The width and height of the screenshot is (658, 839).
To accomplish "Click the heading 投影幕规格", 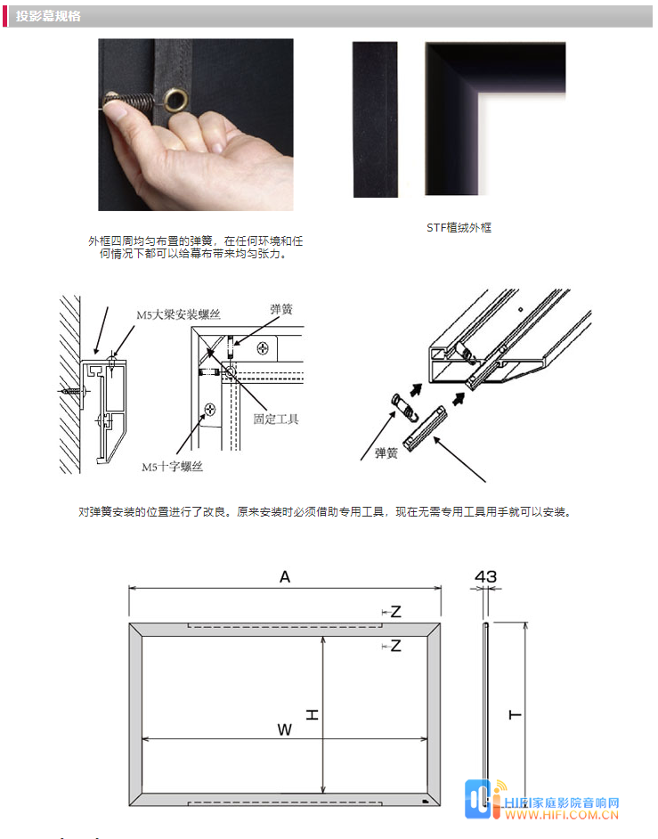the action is tap(48, 16).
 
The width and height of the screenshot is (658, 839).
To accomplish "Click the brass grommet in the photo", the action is tap(176, 100).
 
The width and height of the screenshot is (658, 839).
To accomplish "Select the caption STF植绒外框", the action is tap(459, 227).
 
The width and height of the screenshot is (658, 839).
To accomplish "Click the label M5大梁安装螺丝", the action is tap(178, 314).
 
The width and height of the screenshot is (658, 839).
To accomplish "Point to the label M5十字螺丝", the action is tap(172, 467).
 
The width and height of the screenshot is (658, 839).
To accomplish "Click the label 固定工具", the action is tap(276, 419).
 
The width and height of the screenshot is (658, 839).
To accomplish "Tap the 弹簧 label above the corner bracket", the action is tap(281, 309).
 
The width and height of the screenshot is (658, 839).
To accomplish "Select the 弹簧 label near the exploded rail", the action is tap(386, 453).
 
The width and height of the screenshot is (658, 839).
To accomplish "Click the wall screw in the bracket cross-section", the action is tap(73, 391).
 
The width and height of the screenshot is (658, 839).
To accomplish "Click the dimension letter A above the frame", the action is tap(285, 577).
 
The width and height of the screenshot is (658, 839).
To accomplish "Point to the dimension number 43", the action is tap(486, 576).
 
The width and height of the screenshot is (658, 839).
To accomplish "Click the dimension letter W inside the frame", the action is tap(285, 729).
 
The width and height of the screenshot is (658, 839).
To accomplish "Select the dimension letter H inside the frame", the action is tap(312, 714).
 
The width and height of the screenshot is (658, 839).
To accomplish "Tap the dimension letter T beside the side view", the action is tap(515, 714).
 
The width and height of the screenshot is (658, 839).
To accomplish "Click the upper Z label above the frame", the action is tap(395, 612).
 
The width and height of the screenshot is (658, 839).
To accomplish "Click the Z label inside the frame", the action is tap(395, 646).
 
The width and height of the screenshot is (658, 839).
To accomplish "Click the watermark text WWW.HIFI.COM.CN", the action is tap(562, 816).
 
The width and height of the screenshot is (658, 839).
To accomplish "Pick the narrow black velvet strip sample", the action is tap(375, 120).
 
